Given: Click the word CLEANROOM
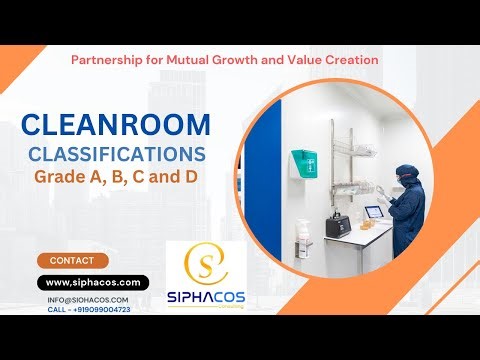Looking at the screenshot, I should pos(116,126).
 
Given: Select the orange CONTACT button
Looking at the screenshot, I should pos(71,260).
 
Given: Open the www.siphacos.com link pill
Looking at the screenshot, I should pos(94,283).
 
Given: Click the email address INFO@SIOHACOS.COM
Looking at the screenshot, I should pos(87,299).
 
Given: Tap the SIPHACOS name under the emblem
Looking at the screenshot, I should pos(216,298).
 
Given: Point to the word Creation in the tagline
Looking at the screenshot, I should pos(350,60).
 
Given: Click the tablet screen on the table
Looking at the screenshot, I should pos(374,212).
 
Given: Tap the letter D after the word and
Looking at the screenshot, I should pos(198,178).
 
